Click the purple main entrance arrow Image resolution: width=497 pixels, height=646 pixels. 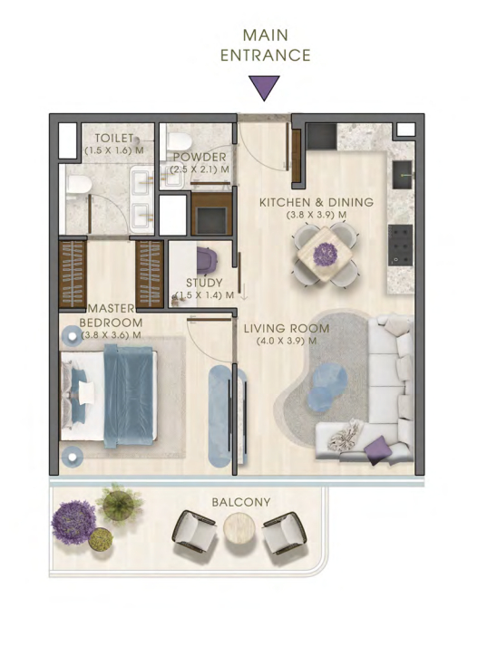pos(264,87)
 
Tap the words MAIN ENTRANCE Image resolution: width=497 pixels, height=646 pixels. pos(265,45)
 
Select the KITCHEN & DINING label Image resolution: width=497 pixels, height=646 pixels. pos(317,202)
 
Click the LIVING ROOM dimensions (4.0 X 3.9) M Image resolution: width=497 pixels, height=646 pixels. pos(287,342)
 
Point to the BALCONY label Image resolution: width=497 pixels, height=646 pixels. pos(241,502)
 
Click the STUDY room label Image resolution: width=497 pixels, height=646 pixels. pos(204,283)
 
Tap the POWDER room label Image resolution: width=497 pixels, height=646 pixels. pos(200,157)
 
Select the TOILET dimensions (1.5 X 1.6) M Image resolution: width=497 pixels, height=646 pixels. pos(114,150)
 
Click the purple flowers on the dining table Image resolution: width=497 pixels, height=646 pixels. pos(325,255)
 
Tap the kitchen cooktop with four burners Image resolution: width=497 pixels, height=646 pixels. pos(400,246)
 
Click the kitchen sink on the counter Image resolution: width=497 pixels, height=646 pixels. pos(402,175)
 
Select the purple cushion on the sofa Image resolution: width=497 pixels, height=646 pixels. pos(378,450)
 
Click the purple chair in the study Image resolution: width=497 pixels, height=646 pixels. pos(207,260)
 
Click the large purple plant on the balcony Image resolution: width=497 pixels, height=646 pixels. pos(73,523)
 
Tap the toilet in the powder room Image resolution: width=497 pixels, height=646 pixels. pos(179,141)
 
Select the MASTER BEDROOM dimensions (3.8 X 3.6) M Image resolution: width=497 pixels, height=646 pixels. pos(112,335)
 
